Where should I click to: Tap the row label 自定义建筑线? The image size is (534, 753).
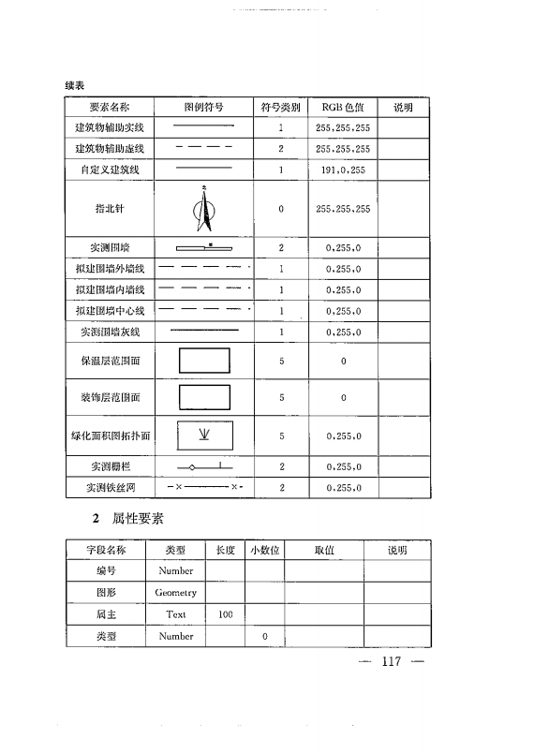[x=110, y=170]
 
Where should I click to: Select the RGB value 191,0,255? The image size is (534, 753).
[x=343, y=170]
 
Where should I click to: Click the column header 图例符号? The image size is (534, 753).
[x=203, y=107]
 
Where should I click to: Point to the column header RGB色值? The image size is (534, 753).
[x=343, y=107]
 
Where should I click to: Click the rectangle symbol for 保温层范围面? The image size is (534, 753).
[x=203, y=361]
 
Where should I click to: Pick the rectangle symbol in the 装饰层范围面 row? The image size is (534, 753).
[x=203, y=398]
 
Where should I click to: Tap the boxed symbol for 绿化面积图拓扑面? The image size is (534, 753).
[x=203, y=436]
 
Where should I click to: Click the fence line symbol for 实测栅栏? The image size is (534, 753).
[x=203, y=465]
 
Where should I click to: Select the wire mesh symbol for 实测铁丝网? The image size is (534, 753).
[x=203, y=487]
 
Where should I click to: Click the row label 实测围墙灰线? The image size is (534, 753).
[x=110, y=332]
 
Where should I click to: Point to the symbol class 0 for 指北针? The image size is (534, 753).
[x=281, y=209]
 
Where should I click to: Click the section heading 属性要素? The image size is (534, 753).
[x=138, y=518]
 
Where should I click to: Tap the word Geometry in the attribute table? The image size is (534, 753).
[x=176, y=593]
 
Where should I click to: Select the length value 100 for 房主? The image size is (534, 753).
[x=225, y=614]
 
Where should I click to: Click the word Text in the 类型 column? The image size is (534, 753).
[x=176, y=614]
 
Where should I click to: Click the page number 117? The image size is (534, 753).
[x=391, y=663]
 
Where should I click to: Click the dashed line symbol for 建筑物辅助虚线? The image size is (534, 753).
[x=203, y=148]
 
